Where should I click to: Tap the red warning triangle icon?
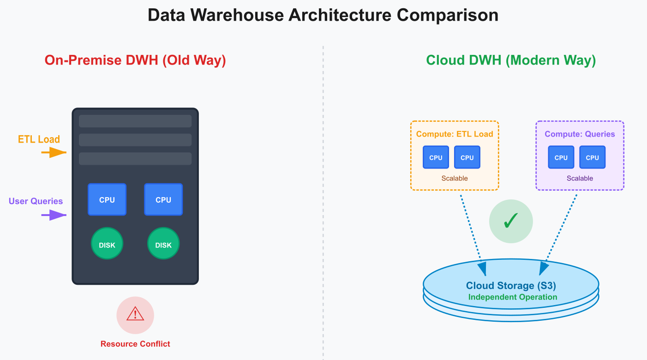(135, 315)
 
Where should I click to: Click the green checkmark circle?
(511, 222)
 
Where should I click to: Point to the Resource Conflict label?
(135, 344)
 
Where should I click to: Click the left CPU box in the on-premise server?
(107, 199)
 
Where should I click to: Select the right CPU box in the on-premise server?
(163, 199)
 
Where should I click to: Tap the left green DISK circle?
(107, 245)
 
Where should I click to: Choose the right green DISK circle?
(163, 245)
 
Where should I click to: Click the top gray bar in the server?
(135, 121)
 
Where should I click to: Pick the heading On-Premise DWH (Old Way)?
(135, 60)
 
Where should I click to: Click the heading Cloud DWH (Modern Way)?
(511, 60)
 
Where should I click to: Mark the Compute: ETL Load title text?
(455, 134)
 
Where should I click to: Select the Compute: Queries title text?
(580, 134)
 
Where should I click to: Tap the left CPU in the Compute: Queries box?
(561, 157)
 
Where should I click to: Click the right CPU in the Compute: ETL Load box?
(467, 157)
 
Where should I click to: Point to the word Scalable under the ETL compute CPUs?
(455, 178)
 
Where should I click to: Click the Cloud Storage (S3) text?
(511, 286)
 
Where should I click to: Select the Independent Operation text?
(513, 297)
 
